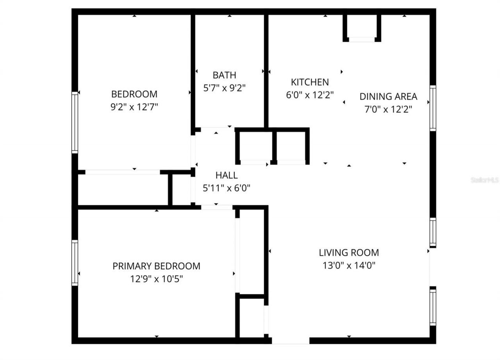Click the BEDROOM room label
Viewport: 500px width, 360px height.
pyautogui.click(x=134, y=94)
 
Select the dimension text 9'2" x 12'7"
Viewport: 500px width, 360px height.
pyautogui.click(x=134, y=107)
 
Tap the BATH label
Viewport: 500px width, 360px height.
pyautogui.click(x=224, y=75)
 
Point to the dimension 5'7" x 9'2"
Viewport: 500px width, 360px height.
pyautogui.click(x=224, y=88)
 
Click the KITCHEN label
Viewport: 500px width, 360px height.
pyautogui.click(x=310, y=82)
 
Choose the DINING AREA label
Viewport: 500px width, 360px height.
pyautogui.click(x=388, y=96)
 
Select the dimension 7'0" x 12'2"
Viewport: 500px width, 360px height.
pyautogui.click(x=388, y=109)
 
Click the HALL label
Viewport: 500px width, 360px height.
pyautogui.click(x=226, y=176)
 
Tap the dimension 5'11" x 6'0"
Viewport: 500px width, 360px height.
pyautogui.click(x=226, y=188)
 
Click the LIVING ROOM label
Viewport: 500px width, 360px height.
pyautogui.click(x=349, y=253)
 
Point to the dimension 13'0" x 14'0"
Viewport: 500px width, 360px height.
pyautogui.click(x=349, y=266)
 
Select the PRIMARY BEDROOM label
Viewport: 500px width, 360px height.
pyautogui.click(x=156, y=266)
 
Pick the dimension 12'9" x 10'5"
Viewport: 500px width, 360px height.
pyautogui.click(x=156, y=279)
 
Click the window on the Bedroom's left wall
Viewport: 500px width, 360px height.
pyautogui.click(x=75, y=122)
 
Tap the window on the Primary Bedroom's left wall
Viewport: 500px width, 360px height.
pyautogui.click(x=75, y=263)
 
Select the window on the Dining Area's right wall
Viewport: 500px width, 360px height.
pyautogui.click(x=433, y=108)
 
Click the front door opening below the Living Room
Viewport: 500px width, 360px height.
pyautogui.click(x=290, y=341)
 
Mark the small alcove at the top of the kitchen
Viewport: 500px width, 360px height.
pyautogui.click(x=362, y=27)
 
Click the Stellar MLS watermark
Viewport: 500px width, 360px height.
pyautogui.click(x=485, y=180)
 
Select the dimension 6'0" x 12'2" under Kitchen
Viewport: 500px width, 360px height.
pyautogui.click(x=310, y=95)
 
